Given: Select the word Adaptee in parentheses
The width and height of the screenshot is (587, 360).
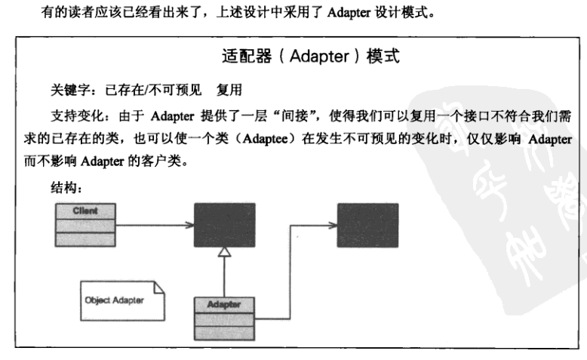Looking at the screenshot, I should pyautogui.click(x=264, y=140).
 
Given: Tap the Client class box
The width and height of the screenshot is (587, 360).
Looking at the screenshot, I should pyautogui.click(x=85, y=224).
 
